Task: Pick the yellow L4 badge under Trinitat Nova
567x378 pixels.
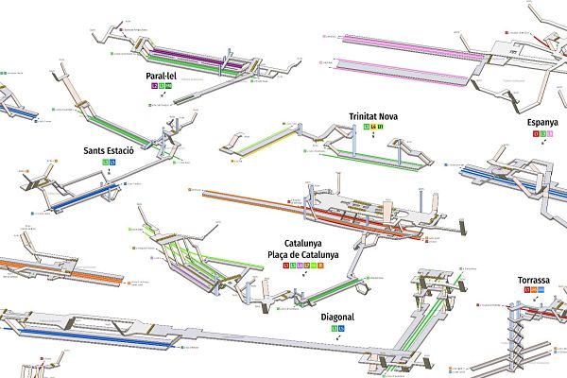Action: pos(374,127)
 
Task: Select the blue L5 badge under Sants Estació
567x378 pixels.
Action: pos(112,163)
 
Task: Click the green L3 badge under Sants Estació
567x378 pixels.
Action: pos(105,163)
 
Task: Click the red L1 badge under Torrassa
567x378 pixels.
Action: pos(526,290)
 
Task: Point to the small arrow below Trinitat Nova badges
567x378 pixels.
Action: pos(374,136)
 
